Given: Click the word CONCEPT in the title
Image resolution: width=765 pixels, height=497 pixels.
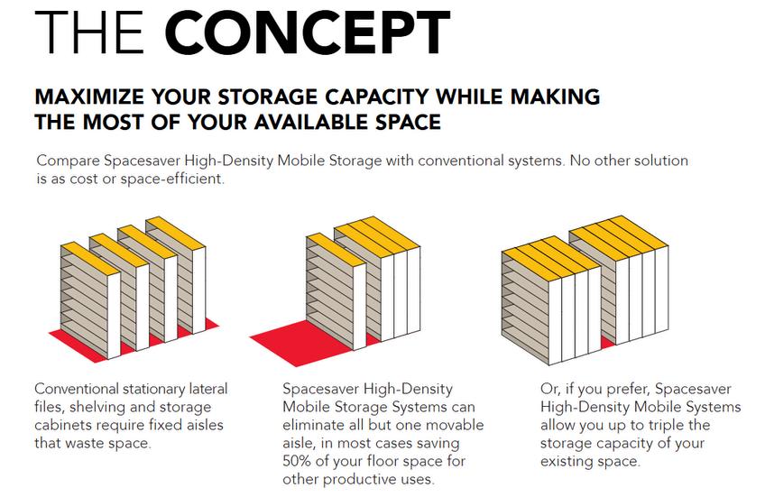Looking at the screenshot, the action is click(x=309, y=33).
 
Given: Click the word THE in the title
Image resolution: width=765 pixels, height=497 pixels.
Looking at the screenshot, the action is click(x=91, y=33).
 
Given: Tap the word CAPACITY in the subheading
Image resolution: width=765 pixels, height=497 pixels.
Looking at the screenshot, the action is click(x=397, y=96).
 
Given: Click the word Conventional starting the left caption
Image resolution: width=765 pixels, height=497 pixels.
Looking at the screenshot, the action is click(x=82, y=390).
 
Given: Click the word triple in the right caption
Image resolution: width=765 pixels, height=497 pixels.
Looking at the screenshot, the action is click(x=665, y=425).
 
